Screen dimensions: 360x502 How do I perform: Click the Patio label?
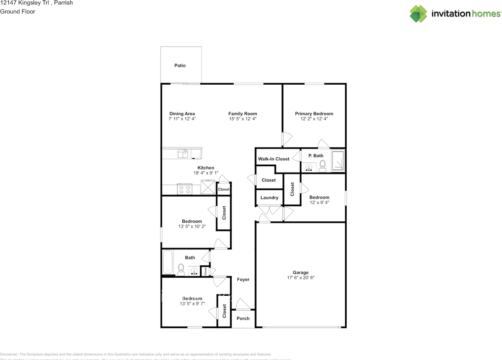click(180, 65)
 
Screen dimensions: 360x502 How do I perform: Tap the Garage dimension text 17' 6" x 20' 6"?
click(300, 278)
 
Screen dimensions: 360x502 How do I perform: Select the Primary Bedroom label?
click(314, 114)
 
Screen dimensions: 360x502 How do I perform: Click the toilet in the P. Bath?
click(322, 166)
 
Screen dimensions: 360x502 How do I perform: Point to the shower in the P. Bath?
click(338, 160)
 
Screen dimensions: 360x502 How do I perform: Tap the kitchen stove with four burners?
click(184, 189)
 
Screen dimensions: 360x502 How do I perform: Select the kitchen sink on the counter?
click(183, 153)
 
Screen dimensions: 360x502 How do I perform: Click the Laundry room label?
click(269, 198)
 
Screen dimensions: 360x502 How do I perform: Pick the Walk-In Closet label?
click(273, 159)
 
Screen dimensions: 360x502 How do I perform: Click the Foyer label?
click(243, 280)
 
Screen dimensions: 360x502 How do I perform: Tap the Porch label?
click(243, 318)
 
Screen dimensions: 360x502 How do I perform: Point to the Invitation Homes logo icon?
click(418, 14)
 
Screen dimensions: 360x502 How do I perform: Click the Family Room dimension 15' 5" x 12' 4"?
click(242, 119)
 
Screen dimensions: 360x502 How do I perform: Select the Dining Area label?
click(182, 114)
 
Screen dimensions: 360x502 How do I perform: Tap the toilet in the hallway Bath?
click(181, 269)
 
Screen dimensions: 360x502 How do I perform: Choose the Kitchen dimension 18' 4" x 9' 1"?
click(206, 173)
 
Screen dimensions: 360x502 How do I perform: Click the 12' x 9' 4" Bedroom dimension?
click(319, 203)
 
